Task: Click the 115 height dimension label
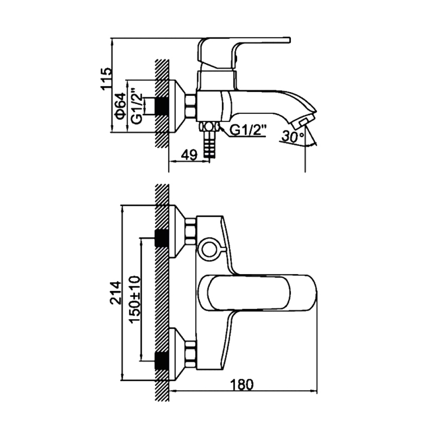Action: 107,79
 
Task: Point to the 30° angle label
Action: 293,137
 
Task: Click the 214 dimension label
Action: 116,293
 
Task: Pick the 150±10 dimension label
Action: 135,300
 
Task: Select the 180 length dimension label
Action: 242,385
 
